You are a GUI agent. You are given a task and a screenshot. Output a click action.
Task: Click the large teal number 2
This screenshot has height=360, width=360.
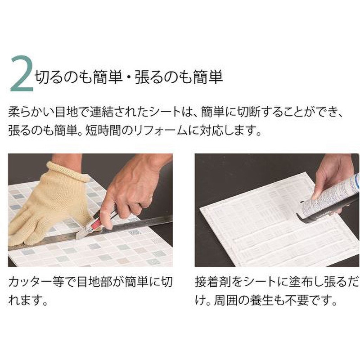22,74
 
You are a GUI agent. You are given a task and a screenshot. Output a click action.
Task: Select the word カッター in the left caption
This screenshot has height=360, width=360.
30,282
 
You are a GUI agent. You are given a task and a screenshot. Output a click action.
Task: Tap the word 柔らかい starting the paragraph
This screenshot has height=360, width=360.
31,112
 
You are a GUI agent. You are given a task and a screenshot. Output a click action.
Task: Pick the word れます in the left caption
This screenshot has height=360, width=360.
26,300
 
